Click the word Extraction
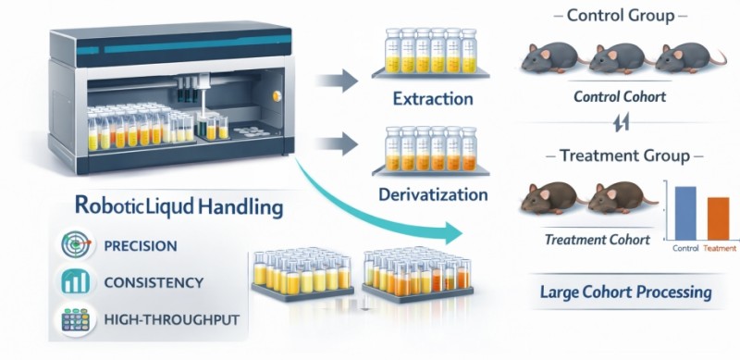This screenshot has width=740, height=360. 433,99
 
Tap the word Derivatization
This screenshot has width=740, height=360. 433,194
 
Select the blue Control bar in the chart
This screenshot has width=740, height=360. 685,213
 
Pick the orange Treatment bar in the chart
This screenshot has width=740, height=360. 719,218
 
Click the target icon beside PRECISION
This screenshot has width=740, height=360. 76,244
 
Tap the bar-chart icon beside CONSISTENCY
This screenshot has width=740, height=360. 76,281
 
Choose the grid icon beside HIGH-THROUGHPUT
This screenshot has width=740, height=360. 76,319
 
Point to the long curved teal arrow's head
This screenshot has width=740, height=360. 453,233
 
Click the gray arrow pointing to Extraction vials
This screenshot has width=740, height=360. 336,81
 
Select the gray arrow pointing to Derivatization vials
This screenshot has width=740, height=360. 336,143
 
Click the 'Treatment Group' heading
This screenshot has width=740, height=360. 624,155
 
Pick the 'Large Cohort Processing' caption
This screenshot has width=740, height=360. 626,292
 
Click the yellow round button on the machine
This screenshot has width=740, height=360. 277,96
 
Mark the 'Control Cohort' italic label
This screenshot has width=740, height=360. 620,97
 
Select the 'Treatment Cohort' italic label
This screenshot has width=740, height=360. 597,240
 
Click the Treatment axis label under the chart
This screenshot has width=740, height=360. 720,248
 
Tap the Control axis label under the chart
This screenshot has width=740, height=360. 685,248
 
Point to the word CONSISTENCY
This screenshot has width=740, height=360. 154,282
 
